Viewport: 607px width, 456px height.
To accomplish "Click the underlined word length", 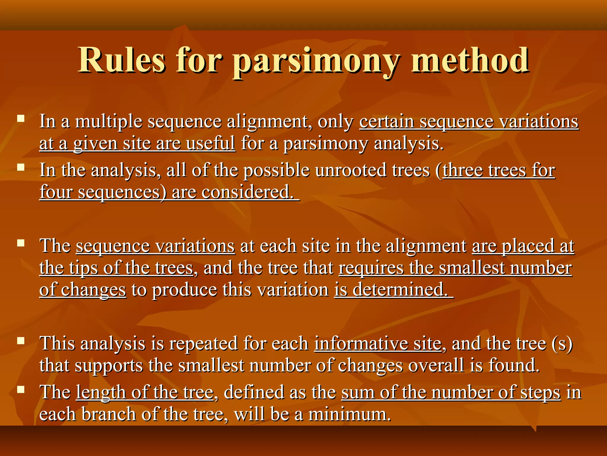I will pos(101,392).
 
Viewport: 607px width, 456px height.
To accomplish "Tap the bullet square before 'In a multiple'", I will pos(21,119).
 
